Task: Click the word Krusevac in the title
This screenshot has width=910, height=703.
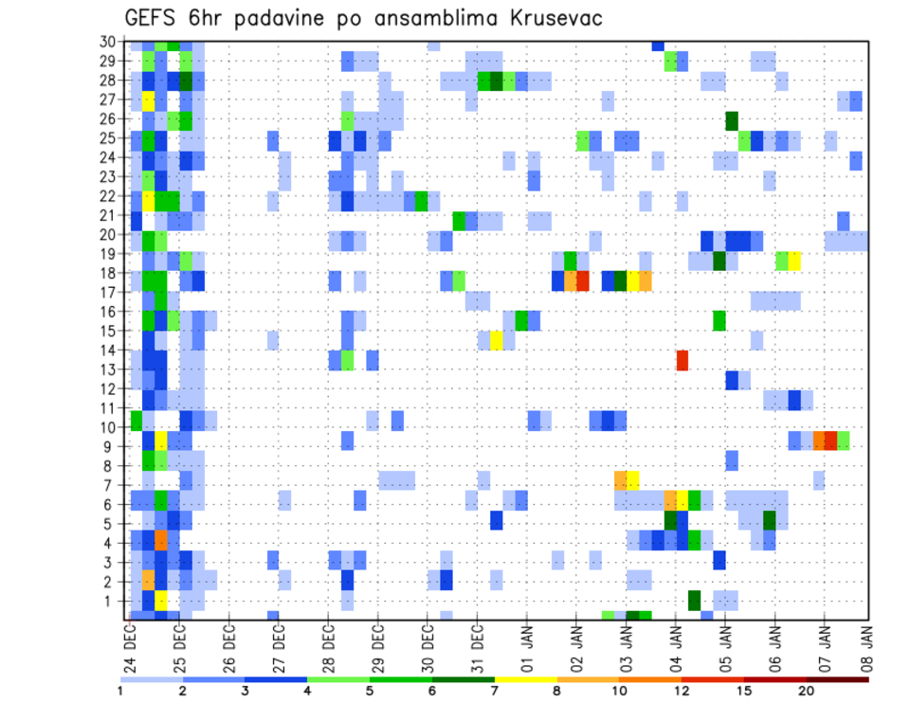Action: pyautogui.click(x=548, y=18)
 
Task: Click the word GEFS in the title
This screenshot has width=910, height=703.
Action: pyautogui.click(x=156, y=18)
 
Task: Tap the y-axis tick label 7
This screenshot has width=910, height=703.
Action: pyautogui.click(x=110, y=484)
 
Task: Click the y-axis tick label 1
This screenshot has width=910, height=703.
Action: pyautogui.click(x=110, y=600)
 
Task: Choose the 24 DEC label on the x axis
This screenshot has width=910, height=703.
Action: pyautogui.click(x=131, y=643)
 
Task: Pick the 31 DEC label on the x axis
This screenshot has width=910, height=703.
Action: pyautogui.click(x=477, y=643)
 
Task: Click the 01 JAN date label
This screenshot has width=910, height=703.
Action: pyautogui.click(x=527, y=643)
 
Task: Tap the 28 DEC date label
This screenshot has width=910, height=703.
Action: pyautogui.click(x=329, y=643)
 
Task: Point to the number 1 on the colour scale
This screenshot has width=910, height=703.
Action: pyautogui.click(x=120, y=690)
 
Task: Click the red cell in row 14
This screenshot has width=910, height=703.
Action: pyautogui.click(x=682, y=360)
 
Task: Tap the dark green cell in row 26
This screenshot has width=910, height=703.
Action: pyautogui.click(x=732, y=120)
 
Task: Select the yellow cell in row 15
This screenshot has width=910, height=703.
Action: pyautogui.click(x=497, y=340)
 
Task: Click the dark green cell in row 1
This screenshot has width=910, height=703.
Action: pyautogui.click(x=695, y=600)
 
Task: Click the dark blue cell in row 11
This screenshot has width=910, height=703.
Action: pyautogui.click(x=794, y=399)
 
